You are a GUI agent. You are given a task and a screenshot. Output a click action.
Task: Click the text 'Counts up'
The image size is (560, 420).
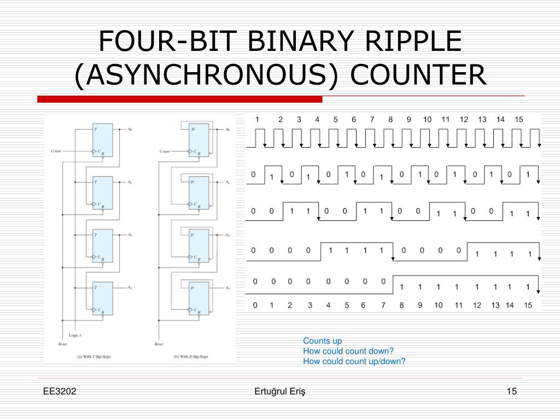pyautogui.click(x=323, y=341)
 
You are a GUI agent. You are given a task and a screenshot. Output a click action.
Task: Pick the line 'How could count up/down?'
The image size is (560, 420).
pyautogui.click(x=354, y=361)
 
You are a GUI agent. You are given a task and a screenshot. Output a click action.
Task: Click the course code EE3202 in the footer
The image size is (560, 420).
pyautogui.click(x=60, y=391)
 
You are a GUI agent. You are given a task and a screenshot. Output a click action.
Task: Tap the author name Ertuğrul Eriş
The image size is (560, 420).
pyautogui.click(x=280, y=391)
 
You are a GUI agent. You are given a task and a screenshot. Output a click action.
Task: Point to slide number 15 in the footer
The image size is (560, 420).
pyautogui.click(x=511, y=391)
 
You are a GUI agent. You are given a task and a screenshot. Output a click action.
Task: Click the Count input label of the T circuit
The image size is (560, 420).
pyautogui.click(x=56, y=151)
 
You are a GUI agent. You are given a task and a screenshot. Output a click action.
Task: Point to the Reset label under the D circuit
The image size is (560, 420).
pyautogui.click(x=159, y=344)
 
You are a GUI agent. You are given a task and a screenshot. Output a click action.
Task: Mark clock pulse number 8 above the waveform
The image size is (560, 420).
pyautogui.click(x=390, y=119)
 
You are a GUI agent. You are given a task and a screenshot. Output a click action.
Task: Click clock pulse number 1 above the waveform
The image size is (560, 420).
pyautogui.click(x=258, y=119)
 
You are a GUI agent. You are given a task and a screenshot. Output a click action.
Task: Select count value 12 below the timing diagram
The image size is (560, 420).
pyautogui.click(x=477, y=305)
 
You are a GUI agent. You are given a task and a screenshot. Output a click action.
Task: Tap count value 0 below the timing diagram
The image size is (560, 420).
pyautogui.click(x=253, y=305)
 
